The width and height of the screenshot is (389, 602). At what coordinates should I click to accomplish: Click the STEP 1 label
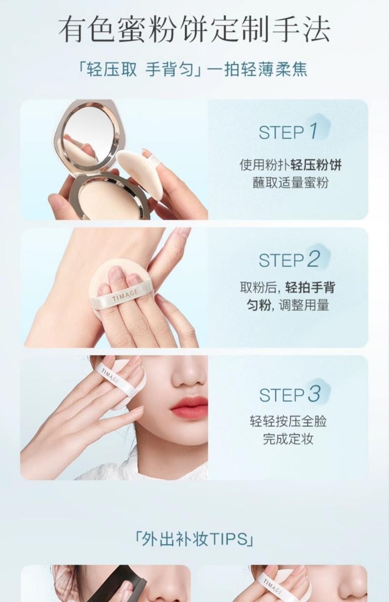pyautogui.click(x=288, y=132)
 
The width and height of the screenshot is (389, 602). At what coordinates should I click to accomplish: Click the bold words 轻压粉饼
pyautogui.click(x=316, y=165)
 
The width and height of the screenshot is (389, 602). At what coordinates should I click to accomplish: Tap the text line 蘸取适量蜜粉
pyautogui.click(x=291, y=183)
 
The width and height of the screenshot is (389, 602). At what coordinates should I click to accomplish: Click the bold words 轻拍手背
pyautogui.click(x=310, y=287)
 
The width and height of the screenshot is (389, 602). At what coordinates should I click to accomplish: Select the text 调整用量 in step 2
pyautogui.click(x=304, y=305)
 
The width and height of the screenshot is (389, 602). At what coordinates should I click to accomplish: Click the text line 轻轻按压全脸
pyautogui.click(x=288, y=421)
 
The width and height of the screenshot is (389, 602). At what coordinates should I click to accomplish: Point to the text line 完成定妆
pyautogui.click(x=288, y=439)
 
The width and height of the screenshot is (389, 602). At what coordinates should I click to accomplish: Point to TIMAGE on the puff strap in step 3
pyautogui.click(x=110, y=376)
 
